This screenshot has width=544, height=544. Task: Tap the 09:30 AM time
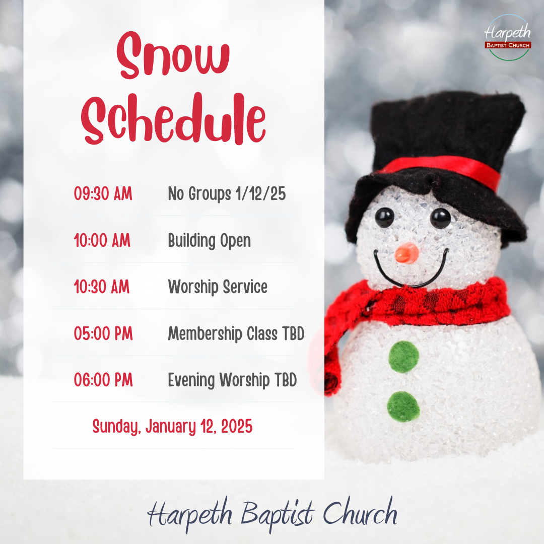(103, 194)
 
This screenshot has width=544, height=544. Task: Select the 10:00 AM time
(102, 241)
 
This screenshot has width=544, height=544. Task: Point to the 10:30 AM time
(102, 287)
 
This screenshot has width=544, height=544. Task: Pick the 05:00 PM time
(103, 333)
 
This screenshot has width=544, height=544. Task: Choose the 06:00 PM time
(103, 380)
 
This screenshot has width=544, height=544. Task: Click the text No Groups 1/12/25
(227, 194)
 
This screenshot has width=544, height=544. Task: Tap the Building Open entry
(209, 241)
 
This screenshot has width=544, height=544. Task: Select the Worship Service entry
(218, 287)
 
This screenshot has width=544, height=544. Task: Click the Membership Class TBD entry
(236, 333)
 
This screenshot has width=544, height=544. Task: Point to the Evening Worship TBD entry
(232, 380)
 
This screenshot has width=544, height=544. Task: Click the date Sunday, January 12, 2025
(172, 427)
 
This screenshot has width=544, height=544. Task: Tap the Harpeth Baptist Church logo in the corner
(507, 38)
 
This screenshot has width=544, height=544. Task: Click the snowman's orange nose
(406, 253)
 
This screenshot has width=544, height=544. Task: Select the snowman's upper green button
(403, 357)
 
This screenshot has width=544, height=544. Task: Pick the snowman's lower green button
(403, 406)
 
